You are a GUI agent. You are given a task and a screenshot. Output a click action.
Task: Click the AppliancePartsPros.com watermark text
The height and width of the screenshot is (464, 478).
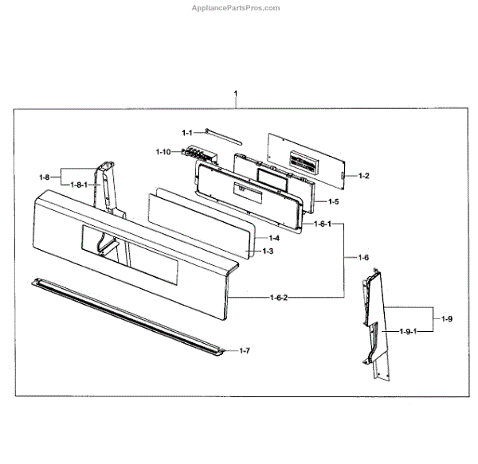click(x=237, y=8)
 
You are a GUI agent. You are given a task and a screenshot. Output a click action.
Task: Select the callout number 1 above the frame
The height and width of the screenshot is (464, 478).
click(x=235, y=94)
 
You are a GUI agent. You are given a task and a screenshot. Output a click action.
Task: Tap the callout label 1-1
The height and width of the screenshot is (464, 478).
click(x=187, y=132)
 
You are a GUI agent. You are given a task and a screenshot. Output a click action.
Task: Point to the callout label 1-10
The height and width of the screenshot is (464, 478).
click(x=163, y=151)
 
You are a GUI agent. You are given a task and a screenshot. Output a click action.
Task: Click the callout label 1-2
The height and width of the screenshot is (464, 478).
click(x=364, y=175)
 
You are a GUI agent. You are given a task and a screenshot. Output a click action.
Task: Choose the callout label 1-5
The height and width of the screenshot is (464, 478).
click(x=333, y=202)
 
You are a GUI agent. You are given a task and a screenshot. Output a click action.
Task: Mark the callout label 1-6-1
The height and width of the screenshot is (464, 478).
click(x=323, y=225)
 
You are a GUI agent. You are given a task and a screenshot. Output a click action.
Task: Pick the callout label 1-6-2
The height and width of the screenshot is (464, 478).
click(x=278, y=297)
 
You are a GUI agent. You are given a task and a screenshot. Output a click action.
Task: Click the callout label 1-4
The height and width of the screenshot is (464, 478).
click(x=273, y=238)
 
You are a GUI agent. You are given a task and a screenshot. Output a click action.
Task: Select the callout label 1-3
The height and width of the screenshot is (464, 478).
click(x=268, y=251)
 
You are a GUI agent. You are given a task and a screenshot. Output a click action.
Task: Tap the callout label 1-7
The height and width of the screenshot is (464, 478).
click(x=245, y=350)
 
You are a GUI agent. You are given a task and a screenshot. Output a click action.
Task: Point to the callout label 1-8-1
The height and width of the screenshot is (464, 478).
click(x=80, y=185)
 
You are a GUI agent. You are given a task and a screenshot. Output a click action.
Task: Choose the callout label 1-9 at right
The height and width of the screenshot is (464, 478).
click(x=447, y=319)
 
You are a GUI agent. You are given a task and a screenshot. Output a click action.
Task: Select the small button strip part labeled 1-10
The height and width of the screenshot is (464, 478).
click(x=195, y=154)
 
